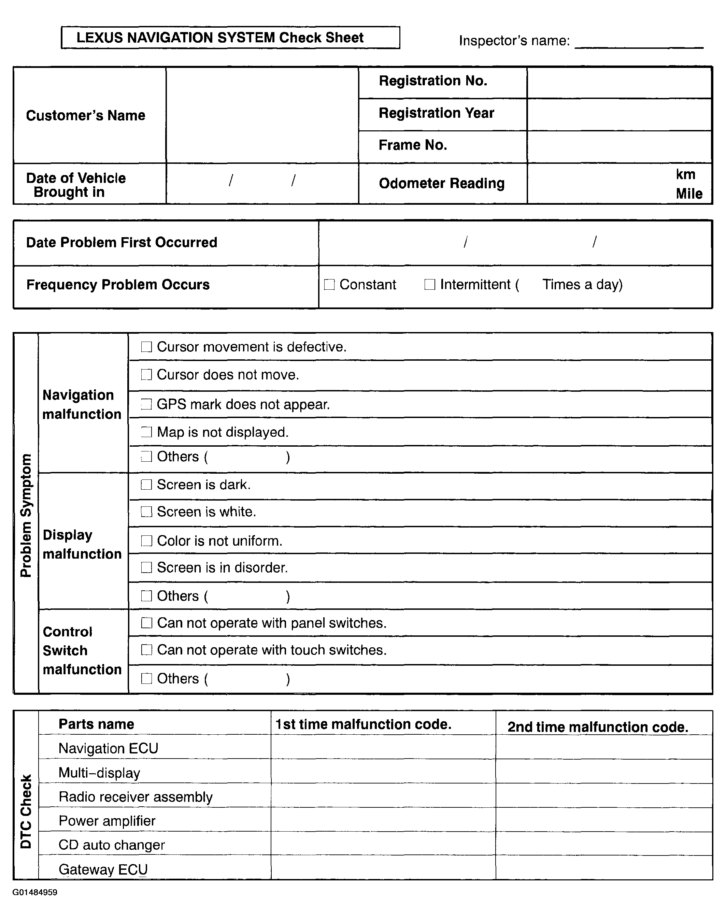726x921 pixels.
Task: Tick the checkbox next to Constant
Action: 329,284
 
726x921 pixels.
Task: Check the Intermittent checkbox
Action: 430,284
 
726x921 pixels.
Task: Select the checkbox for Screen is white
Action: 146,512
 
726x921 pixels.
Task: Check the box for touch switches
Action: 146,650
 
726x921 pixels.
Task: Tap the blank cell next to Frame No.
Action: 619,147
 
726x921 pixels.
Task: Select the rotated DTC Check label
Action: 26,811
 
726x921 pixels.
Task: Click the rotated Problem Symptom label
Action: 26,515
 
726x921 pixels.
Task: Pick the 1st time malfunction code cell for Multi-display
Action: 383,772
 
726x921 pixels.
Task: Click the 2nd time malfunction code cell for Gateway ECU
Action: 603,868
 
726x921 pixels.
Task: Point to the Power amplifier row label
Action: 107,821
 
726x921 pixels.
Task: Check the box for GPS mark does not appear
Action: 146,404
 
